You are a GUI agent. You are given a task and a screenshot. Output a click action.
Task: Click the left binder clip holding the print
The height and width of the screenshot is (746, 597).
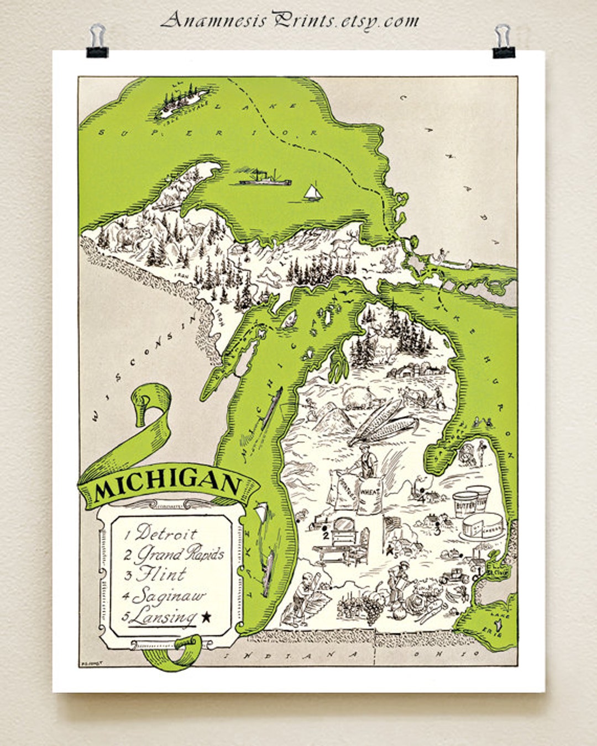(97, 41)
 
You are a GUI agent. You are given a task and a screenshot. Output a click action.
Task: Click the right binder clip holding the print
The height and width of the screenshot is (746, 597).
(503, 41)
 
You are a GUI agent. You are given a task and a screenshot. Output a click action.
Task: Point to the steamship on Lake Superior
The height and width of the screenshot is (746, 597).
(262, 178)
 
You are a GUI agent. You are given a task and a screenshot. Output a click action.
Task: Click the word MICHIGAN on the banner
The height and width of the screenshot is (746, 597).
(167, 484)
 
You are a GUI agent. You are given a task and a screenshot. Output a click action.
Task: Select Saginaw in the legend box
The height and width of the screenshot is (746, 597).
(169, 596)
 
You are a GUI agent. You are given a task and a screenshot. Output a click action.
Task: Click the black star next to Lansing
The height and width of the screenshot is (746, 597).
(206, 617)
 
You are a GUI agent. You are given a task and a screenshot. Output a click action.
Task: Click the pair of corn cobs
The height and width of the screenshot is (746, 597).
(381, 422)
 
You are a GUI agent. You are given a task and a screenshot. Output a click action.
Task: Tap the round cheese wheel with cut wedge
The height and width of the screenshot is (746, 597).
(483, 526)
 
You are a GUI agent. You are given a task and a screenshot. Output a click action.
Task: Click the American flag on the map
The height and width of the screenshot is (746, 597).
(393, 525)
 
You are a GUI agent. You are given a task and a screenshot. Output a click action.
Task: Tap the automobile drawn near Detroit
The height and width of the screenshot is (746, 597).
(455, 576)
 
